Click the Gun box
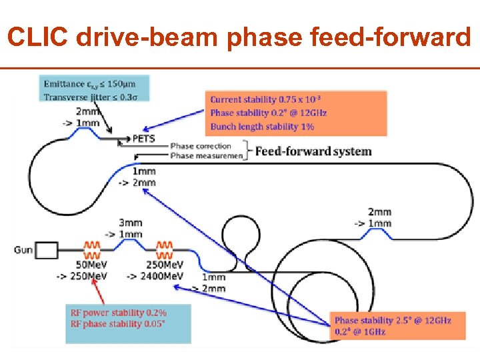pos(47,251)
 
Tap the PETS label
pos(145,139)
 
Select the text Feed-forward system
pos(313,151)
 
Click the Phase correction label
pos(201,146)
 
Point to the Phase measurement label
pos(201,156)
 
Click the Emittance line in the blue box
pos(89,83)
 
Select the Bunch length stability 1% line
pos(262,126)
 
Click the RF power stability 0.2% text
pos(119,312)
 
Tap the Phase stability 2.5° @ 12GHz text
pos(393,320)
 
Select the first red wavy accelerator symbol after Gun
pos(92,250)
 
